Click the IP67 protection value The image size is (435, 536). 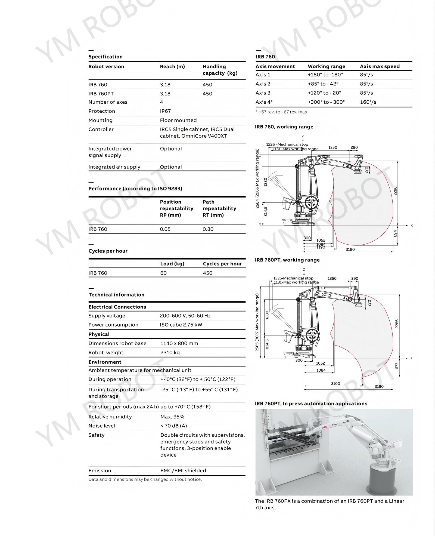pyautogui.click(x=165, y=111)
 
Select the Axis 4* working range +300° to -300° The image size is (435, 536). pyautogui.click(x=326, y=102)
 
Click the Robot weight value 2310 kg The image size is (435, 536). pyautogui.click(x=170, y=353)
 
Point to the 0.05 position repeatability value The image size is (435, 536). pyautogui.click(x=165, y=229)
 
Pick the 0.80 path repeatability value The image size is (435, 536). pyautogui.click(x=208, y=229)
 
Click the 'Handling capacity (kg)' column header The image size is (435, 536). pyautogui.click(x=220, y=70)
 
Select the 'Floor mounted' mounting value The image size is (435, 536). pyautogui.click(x=178, y=120)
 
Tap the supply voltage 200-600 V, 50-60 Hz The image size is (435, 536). pyautogui.click(x=185, y=316)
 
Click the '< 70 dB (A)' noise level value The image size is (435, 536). pyautogui.click(x=173, y=426)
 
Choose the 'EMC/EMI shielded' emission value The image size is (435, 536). pyautogui.click(x=183, y=470)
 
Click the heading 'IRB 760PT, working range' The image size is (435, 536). pyautogui.click(x=287, y=260)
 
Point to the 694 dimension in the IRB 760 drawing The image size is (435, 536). pyautogui.click(x=395, y=233)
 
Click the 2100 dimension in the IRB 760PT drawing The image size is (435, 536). pyautogui.click(x=335, y=383)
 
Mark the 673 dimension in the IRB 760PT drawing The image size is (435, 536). pyautogui.click(x=397, y=366)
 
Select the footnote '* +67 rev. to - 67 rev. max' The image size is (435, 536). pyautogui.click(x=281, y=112)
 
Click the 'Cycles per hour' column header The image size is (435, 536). pyautogui.click(x=222, y=264)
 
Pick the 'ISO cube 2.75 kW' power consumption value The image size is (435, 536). pyautogui.click(x=181, y=325)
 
